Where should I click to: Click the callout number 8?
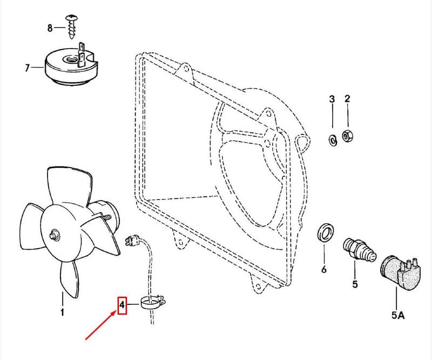tap(50, 28)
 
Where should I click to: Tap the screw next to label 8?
tap(71, 27)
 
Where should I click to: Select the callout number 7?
tap(27, 68)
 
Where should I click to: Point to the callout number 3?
tap(332, 99)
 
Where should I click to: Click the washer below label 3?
tap(333, 140)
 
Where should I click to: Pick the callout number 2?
tap(347, 98)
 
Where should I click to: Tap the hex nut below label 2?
tap(347, 136)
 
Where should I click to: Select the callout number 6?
tap(324, 269)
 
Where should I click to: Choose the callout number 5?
tap(355, 284)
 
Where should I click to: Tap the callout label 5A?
tap(398, 315)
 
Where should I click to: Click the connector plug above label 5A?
tap(400, 273)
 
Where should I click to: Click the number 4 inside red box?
tap(122, 305)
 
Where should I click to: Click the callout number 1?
tap(62, 312)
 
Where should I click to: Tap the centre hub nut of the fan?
tap(53, 235)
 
